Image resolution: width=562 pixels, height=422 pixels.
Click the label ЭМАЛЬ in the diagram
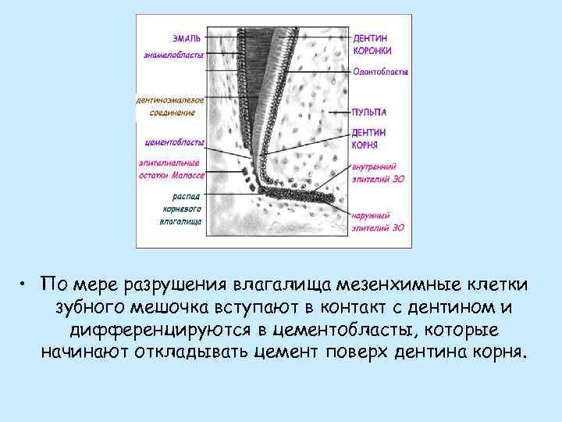click(x=187, y=37)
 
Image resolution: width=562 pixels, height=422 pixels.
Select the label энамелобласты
click(x=173, y=55)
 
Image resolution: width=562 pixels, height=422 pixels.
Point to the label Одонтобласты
click(x=380, y=72)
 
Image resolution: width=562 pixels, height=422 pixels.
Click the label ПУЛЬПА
click(x=368, y=113)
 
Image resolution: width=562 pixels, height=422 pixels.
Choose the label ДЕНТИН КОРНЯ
click(x=368, y=138)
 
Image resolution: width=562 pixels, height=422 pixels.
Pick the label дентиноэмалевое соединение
click(x=170, y=106)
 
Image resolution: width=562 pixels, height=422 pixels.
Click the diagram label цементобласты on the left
click(x=175, y=142)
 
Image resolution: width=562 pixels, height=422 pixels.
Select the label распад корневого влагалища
click(x=181, y=209)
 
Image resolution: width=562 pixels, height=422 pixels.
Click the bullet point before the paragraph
click(x=26, y=283)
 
